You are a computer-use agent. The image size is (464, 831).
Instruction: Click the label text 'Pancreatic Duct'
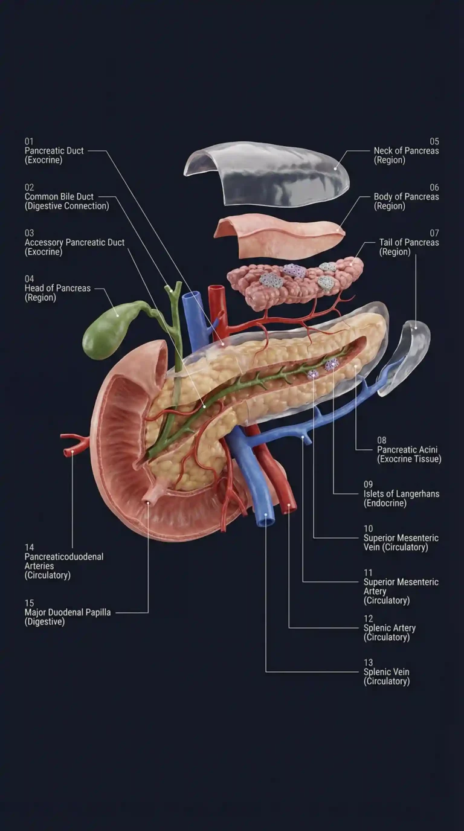coord(54,151)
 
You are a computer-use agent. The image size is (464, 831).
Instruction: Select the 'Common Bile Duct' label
coord(59,197)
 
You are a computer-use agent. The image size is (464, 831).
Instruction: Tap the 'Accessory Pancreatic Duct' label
coord(74,243)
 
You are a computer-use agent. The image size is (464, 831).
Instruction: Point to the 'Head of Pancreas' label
coord(57,289)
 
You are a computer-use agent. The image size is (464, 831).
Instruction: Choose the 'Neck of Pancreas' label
coord(406,151)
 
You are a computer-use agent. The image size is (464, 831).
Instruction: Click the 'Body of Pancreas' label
coord(406,197)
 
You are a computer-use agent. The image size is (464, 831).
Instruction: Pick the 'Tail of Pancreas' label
coord(409,243)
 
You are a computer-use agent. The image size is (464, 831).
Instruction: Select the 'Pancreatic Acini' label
coord(407,450)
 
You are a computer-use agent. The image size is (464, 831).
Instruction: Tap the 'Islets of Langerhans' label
coord(401,494)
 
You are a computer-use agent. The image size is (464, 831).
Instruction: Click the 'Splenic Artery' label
coord(390,628)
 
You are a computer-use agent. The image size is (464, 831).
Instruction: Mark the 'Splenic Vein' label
coord(386,672)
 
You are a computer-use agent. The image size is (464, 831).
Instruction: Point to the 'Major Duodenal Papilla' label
coord(68,612)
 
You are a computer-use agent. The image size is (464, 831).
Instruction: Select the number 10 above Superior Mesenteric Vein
coord(368,528)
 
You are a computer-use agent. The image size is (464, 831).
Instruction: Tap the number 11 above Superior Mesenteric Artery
coord(368,573)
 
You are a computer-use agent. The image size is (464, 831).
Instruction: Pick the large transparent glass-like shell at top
coord(266,172)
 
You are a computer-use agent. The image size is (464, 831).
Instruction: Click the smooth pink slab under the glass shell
coord(278,236)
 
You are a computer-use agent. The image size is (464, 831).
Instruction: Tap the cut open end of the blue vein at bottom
coord(265,519)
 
